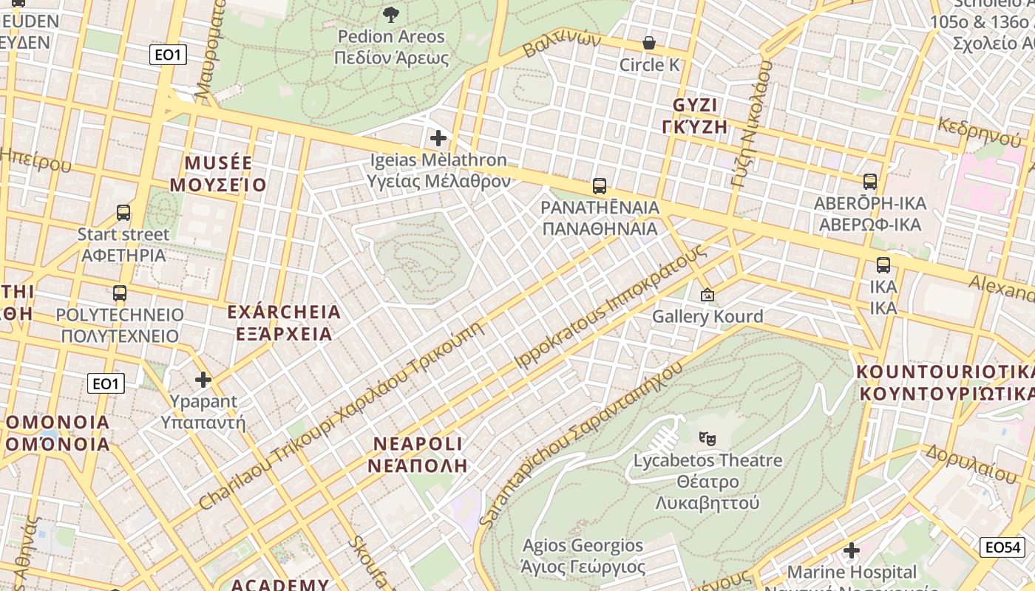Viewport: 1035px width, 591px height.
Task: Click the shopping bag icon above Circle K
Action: (649, 43)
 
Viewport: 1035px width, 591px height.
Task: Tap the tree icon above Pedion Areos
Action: (391, 14)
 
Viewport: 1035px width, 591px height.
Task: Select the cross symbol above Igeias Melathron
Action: (438, 137)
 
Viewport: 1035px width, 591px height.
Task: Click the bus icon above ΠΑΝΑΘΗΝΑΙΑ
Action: (600, 185)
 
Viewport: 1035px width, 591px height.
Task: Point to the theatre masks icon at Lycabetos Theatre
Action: (707, 438)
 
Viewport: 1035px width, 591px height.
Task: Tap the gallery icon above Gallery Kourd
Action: (707, 295)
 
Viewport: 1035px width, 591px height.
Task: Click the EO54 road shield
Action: (1002, 547)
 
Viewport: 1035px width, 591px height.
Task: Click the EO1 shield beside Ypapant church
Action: (106, 383)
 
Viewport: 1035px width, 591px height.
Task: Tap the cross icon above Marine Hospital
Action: (852, 550)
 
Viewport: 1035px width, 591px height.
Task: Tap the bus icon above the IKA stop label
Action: (883, 265)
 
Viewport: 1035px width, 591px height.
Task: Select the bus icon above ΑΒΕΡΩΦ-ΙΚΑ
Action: (870, 181)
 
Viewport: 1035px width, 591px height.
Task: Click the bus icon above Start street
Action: (123, 213)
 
